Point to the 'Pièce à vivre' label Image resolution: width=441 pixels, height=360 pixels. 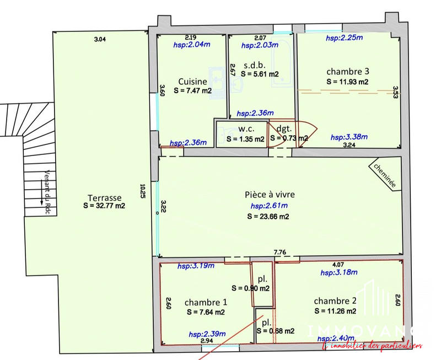[x=270, y=195]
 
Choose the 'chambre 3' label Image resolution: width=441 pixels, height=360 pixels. [x=347, y=72]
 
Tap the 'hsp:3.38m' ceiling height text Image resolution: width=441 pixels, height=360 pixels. [x=349, y=137]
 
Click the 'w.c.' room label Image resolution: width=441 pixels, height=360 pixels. [x=245, y=130]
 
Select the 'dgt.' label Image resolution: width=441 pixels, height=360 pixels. [x=283, y=129]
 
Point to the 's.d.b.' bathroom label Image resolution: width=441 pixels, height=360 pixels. [x=252, y=65]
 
